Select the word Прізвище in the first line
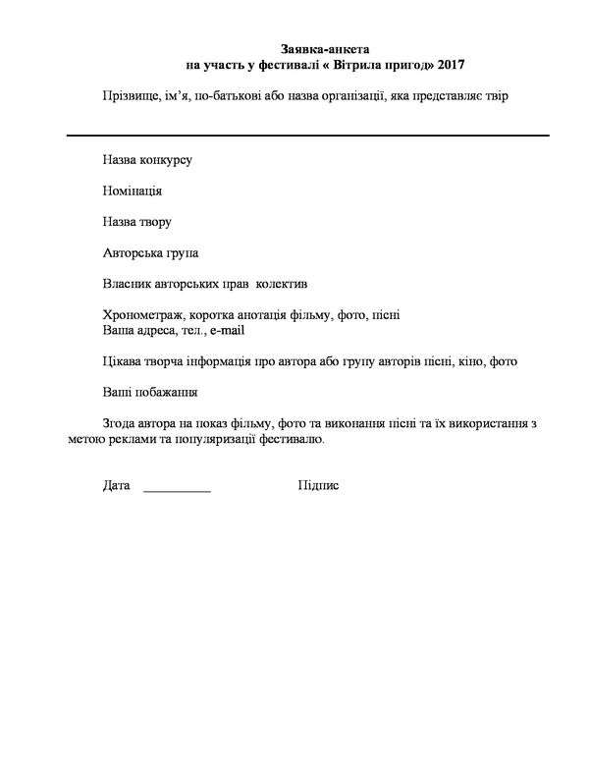pos(128,95)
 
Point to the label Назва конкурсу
pos(147,159)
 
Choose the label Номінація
pos(133,190)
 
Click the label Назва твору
pos(137,222)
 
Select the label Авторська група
pos(150,253)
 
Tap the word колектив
pos(283,285)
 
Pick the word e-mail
pos(226,331)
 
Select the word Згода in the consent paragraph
pos(121,423)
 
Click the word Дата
pos(116,486)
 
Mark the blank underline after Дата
pos(177,490)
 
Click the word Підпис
pos(318,486)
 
